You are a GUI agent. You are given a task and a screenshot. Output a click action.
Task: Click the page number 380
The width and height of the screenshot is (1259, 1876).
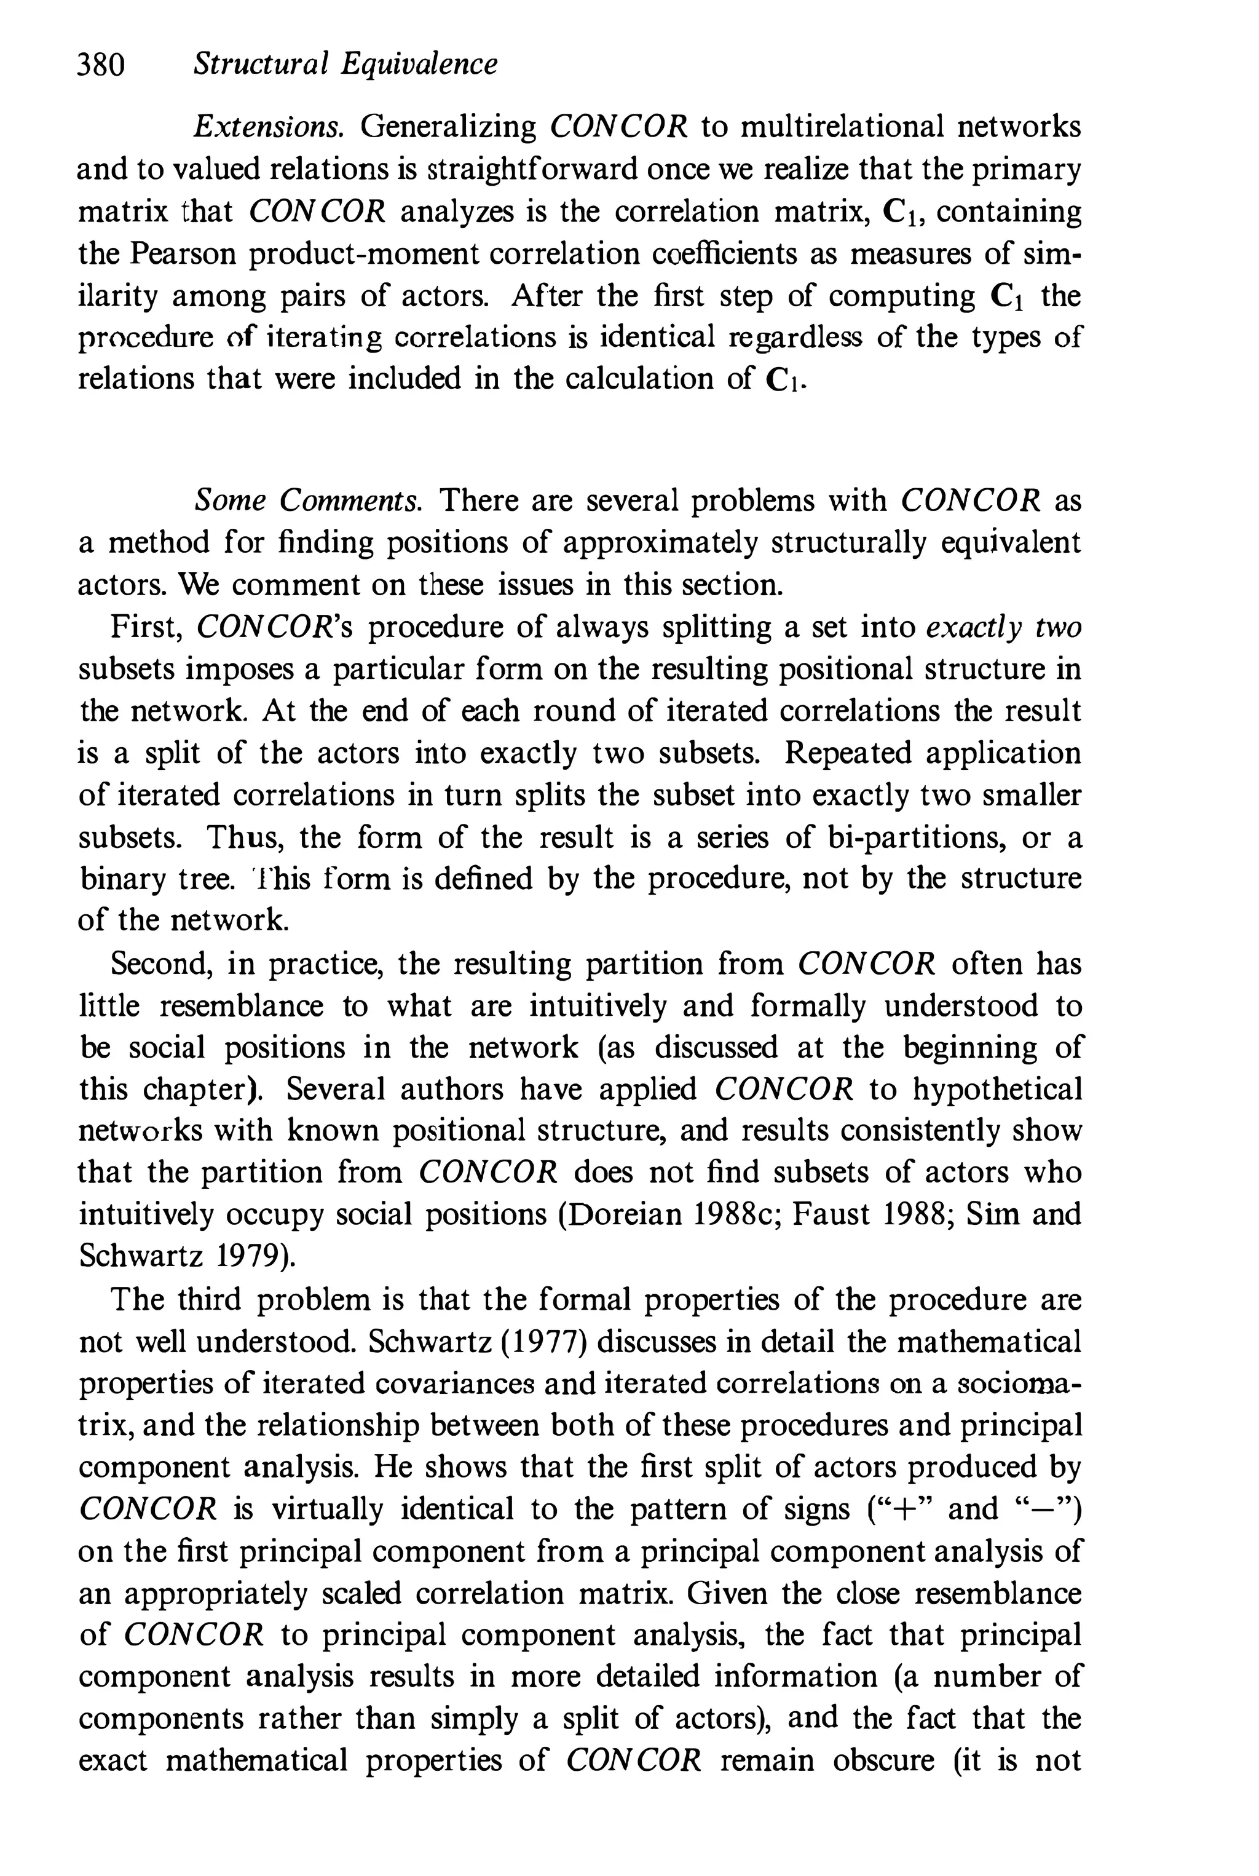[101, 64]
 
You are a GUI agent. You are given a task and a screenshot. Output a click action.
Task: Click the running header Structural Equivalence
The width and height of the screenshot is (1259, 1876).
[345, 64]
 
